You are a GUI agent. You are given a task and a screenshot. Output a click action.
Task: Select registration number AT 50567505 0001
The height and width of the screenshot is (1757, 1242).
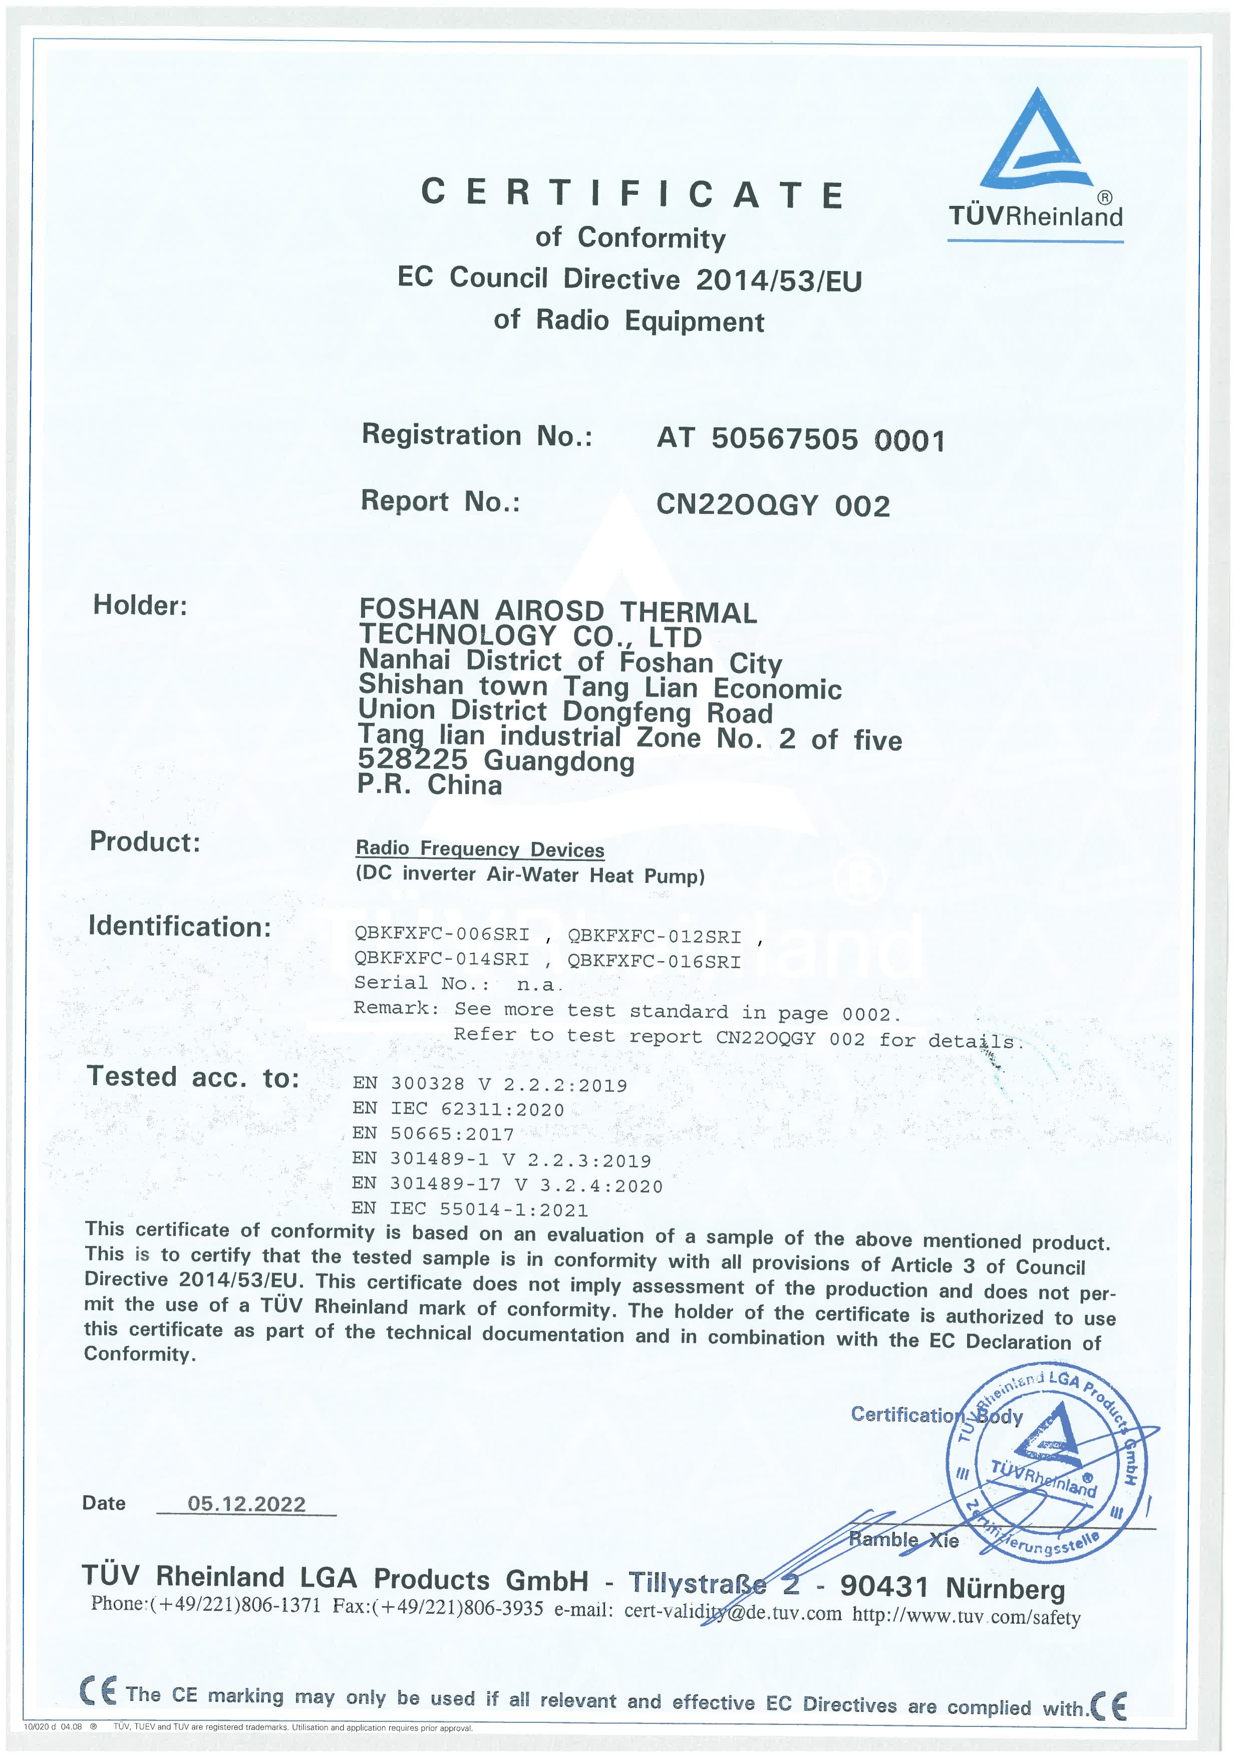click(x=800, y=439)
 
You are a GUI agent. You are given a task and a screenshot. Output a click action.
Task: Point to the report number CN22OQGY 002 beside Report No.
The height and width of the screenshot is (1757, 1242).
click(x=773, y=505)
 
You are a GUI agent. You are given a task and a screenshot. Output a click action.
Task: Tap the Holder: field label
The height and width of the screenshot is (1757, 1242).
click(x=140, y=606)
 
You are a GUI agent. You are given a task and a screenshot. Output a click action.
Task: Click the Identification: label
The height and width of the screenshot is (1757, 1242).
click(x=180, y=926)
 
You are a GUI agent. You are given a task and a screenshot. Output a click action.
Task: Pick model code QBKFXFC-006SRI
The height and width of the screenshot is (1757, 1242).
click(x=442, y=935)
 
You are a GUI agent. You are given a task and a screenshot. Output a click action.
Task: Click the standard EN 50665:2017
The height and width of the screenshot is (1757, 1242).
click(x=433, y=1133)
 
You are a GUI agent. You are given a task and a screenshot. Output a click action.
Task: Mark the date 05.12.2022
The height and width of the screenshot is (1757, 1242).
click(x=246, y=1503)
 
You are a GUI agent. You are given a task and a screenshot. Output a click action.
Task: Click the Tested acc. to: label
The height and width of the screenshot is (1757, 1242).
click(x=192, y=1077)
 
